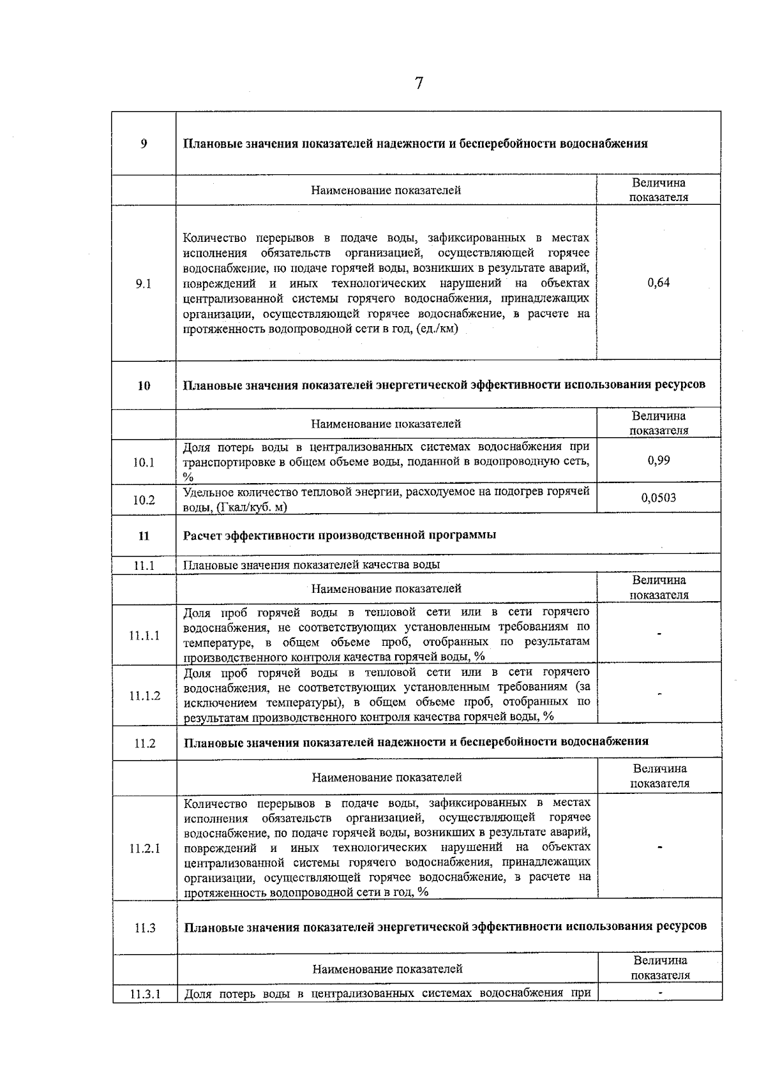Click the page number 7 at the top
(419, 84)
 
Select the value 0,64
(659, 283)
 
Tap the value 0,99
(659, 460)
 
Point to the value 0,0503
(659, 498)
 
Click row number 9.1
(144, 284)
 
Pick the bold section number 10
(144, 385)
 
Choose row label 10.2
(144, 500)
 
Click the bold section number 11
(144, 535)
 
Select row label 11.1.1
(144, 636)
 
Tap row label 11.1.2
(144, 696)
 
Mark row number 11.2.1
(144, 848)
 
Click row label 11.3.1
(144, 994)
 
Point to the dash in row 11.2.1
(660, 848)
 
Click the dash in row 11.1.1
(659, 634)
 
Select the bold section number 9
(144, 144)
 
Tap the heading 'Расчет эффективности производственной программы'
(340, 535)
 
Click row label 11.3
(145, 928)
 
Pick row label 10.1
(144, 462)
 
